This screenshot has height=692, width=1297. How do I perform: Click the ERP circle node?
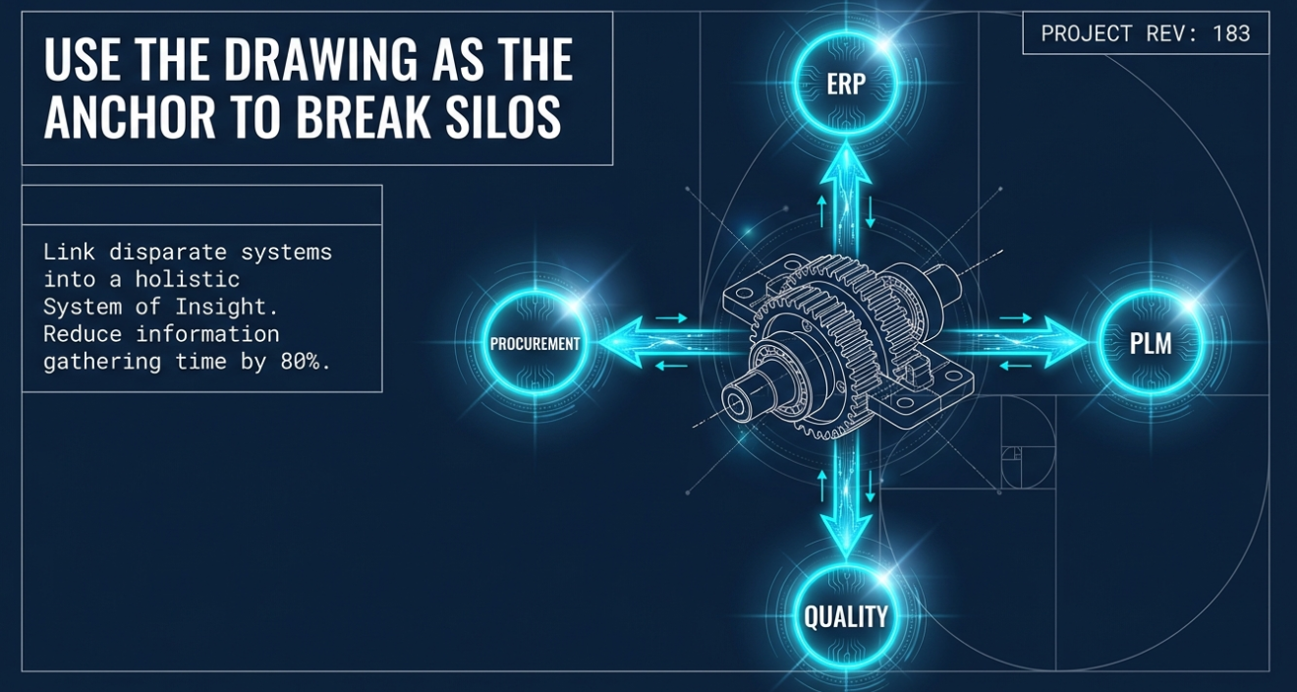pyautogui.click(x=846, y=83)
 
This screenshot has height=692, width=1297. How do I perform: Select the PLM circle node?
pyautogui.click(x=1150, y=343)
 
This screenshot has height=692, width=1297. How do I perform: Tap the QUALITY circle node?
pyautogui.click(x=845, y=616)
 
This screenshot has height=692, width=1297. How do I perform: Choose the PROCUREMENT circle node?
pyautogui.click(x=536, y=344)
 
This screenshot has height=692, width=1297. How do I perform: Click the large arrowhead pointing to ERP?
pyautogui.click(x=846, y=167)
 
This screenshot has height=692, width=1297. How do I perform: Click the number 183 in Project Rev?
pyautogui.click(x=1231, y=33)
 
